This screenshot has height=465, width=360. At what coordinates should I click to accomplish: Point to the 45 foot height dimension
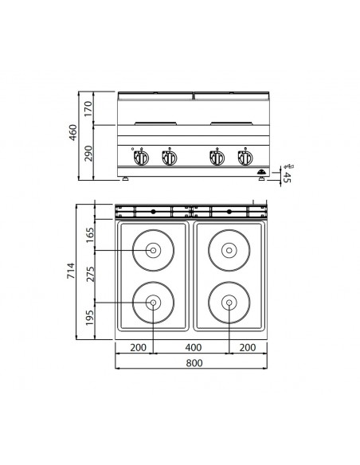pos(287,177)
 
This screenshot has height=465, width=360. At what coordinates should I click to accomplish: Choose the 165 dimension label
pos(89,234)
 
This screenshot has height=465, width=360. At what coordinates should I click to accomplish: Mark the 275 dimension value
pos(89,275)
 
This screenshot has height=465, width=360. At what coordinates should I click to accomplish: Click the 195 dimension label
pos(89,319)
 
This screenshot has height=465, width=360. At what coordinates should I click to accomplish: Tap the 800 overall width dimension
pos(192,363)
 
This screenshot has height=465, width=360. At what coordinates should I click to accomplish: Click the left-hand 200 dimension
pos(135,347)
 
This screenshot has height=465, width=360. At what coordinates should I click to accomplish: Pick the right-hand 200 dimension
pos(248,347)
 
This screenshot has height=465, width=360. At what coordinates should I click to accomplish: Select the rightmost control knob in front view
pos(241,156)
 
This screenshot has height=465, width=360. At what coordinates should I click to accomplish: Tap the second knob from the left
pos(168,156)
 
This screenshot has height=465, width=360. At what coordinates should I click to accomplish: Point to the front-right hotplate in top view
pos(229,303)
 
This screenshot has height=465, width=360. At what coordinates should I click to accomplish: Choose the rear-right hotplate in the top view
pos(229,250)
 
